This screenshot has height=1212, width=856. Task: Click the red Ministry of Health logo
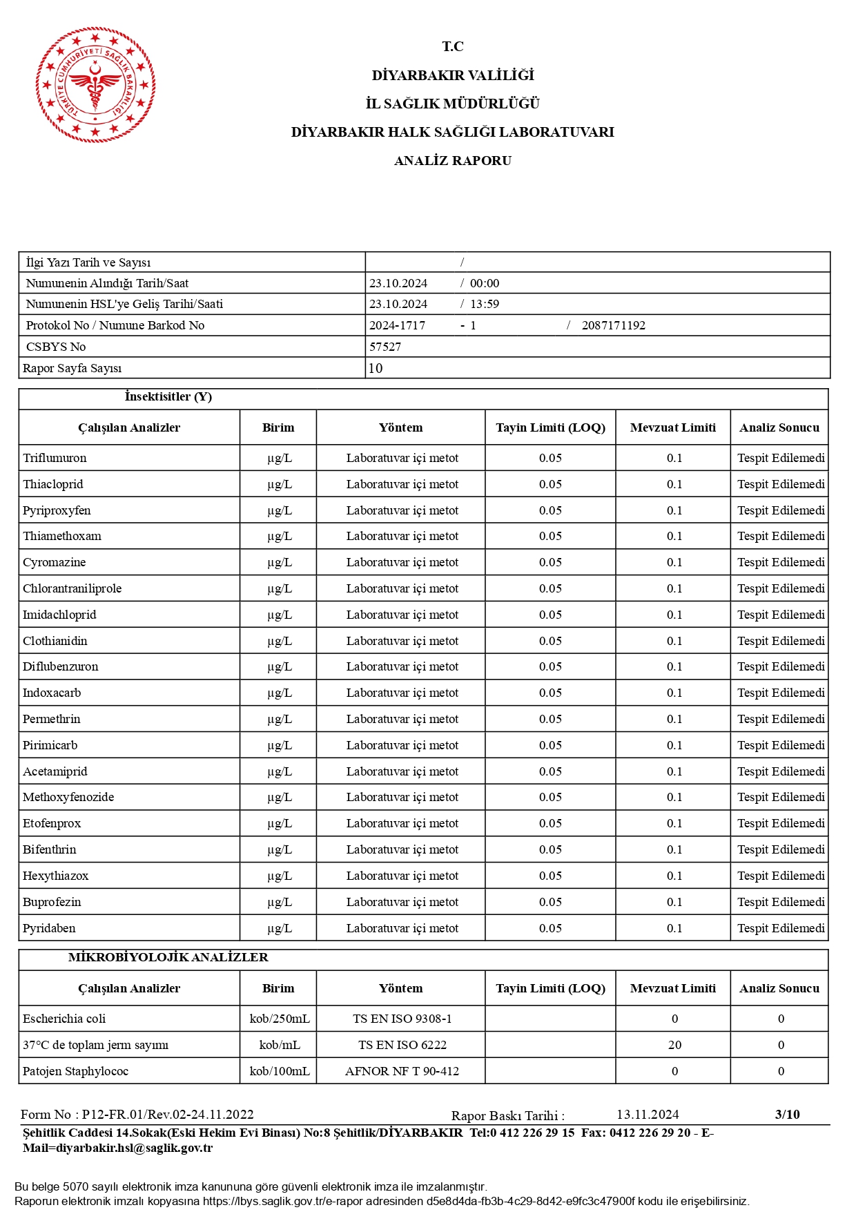pyautogui.click(x=95, y=85)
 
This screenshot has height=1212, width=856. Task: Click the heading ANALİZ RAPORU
pyautogui.click(x=452, y=161)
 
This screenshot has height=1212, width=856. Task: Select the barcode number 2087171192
pyautogui.click(x=613, y=325)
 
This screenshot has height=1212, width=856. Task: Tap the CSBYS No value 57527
pyautogui.click(x=385, y=347)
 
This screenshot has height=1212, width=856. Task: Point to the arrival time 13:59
pyautogui.click(x=485, y=304)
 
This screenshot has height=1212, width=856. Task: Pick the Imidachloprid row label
pyautogui.click(x=59, y=615)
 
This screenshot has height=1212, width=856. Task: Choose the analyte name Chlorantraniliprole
pyautogui.click(x=72, y=588)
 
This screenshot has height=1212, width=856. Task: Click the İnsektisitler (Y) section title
pyautogui.click(x=168, y=396)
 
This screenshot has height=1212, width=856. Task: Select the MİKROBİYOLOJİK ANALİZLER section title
pyautogui.click(x=168, y=957)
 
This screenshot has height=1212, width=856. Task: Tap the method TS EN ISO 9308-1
pyautogui.click(x=402, y=1019)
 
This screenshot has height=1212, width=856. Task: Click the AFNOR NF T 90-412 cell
pyautogui.click(x=402, y=1071)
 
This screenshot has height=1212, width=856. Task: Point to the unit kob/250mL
pyautogui.click(x=279, y=1019)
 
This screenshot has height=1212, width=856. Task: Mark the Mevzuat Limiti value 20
pyautogui.click(x=674, y=1045)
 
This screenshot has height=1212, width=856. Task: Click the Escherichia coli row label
pyautogui.click(x=64, y=1019)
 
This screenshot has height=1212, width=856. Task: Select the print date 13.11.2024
pyautogui.click(x=648, y=1115)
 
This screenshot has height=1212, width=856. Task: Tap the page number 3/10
pyautogui.click(x=787, y=1114)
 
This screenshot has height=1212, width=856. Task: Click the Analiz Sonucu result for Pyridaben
pyautogui.click(x=781, y=928)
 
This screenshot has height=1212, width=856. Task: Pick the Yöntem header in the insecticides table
pyautogui.click(x=400, y=427)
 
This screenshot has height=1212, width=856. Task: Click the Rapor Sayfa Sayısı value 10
pyautogui.click(x=376, y=368)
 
